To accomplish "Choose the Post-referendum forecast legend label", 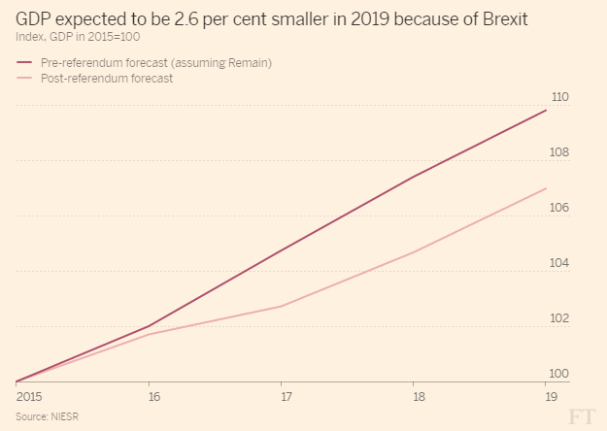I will [x=107, y=79].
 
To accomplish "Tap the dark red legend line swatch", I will [x=25, y=62].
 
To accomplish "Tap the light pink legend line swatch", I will [x=25, y=79].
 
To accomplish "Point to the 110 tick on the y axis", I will [x=558, y=97].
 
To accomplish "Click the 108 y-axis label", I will [x=558, y=152].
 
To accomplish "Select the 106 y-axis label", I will [x=558, y=208].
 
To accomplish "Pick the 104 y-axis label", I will [x=558, y=263].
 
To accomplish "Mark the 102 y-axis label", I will [x=558, y=318].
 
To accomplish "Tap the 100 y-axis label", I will [x=558, y=374].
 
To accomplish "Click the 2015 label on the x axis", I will [x=30, y=396].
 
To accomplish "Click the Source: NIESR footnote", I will [x=47, y=415].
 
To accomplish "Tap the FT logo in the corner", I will [x=581, y=415].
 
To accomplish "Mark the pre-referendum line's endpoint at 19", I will [x=546, y=110].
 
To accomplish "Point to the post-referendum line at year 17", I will [x=283, y=306].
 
